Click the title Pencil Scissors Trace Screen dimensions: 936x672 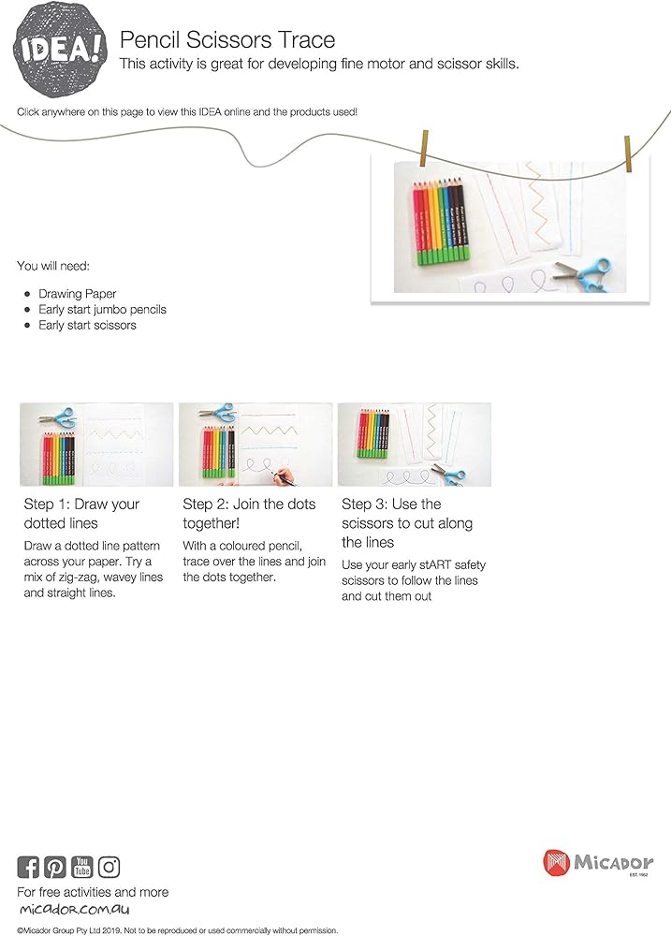click(x=227, y=40)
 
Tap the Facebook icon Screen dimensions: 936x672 click(x=28, y=867)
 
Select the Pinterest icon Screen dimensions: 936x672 click(x=55, y=867)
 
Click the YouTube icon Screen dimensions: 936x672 click(x=82, y=867)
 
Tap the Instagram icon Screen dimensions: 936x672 click(x=110, y=867)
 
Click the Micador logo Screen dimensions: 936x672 click(x=598, y=863)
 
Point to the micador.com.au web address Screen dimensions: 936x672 click(x=73, y=910)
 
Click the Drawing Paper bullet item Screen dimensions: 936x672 click(x=77, y=294)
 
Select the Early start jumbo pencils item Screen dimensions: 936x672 click(x=102, y=309)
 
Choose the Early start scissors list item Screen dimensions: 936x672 click(x=87, y=325)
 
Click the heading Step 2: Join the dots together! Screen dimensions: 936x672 click(x=249, y=514)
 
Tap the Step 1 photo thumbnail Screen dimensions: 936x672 click(x=96, y=445)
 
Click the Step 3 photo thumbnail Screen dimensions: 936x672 click(x=414, y=445)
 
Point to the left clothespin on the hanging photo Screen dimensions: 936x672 click(x=427, y=146)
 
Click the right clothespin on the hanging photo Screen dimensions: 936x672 click(x=628, y=154)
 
